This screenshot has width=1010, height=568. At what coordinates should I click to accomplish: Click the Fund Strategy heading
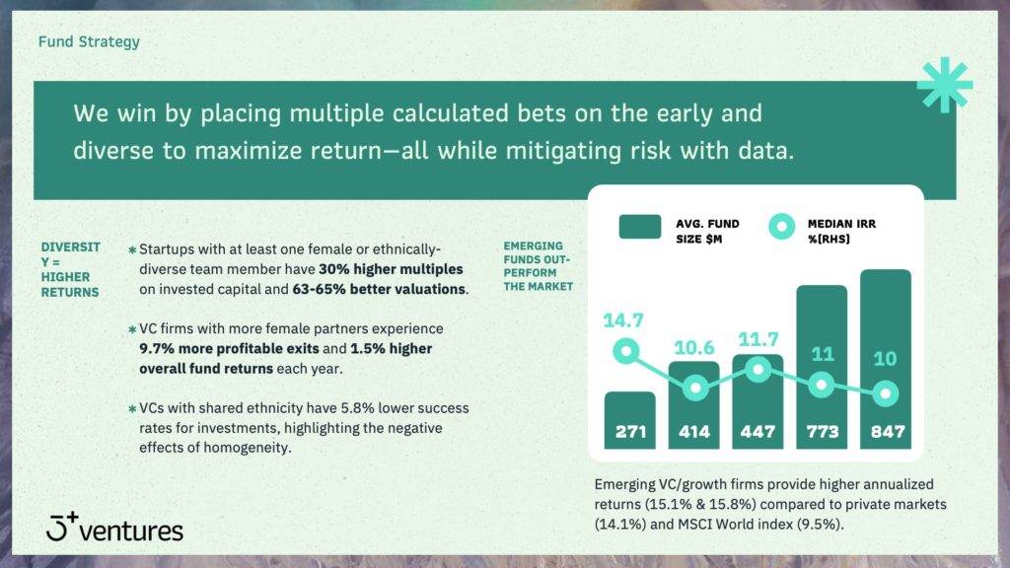point(89,41)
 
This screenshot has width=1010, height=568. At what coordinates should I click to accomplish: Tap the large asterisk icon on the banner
point(945,85)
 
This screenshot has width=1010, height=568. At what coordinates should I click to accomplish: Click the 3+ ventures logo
point(114,528)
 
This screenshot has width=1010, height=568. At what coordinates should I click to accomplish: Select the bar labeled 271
point(630,420)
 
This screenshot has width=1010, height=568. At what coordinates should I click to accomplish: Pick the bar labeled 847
point(886,359)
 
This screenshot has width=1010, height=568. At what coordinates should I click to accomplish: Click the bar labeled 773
point(822,367)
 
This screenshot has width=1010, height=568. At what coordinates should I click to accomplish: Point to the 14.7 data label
point(623,320)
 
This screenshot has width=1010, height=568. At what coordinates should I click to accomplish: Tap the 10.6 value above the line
point(693,348)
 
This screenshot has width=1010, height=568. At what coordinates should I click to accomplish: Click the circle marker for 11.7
point(758,370)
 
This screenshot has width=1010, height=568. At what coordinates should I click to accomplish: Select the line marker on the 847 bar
point(886,392)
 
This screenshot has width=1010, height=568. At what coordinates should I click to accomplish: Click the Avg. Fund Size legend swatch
point(639,227)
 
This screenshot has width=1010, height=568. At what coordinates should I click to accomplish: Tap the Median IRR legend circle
point(782,227)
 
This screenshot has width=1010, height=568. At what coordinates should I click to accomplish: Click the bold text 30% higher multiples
point(391,269)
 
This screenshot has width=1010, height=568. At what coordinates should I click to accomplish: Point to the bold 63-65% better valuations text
point(379,289)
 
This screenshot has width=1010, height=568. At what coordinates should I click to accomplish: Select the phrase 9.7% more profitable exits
point(229,348)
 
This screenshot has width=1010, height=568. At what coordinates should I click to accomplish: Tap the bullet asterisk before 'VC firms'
point(132,329)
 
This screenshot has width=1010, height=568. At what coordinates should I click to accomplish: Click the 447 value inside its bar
point(757,431)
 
